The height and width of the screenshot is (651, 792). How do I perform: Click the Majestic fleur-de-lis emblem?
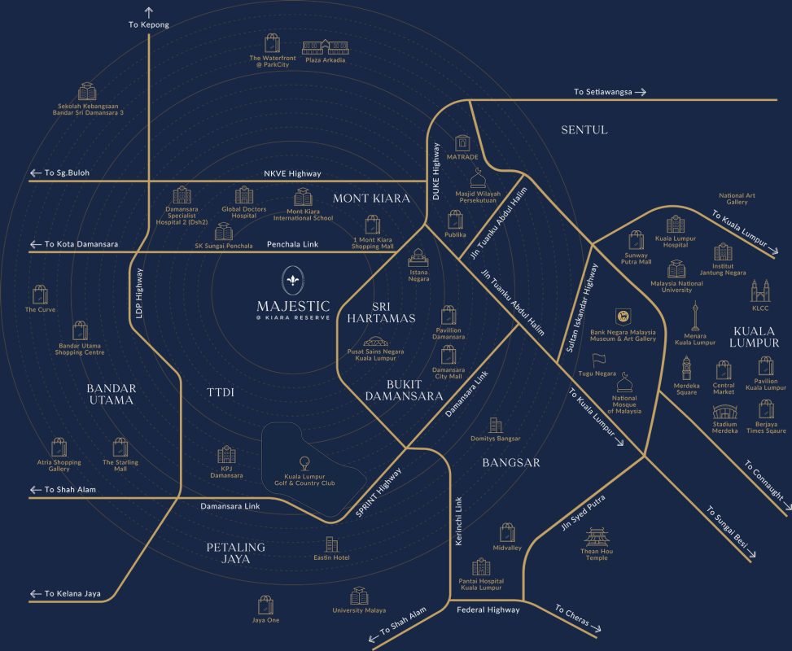[x=292, y=280]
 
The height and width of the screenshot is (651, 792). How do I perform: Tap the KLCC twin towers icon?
[x=760, y=291]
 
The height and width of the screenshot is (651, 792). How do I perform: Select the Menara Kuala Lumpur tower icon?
[x=695, y=316]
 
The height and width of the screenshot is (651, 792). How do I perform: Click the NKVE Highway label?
[x=292, y=173]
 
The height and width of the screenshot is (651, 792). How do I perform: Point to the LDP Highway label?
[x=139, y=294]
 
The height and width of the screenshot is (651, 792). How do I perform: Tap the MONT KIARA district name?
[x=371, y=199]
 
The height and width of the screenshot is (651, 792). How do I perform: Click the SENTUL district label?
[x=584, y=130]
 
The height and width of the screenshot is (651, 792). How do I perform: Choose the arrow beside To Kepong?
[x=148, y=13]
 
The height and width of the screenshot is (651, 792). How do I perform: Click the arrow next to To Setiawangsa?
[x=641, y=92]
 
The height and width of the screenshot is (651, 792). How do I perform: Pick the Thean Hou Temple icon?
[x=597, y=537]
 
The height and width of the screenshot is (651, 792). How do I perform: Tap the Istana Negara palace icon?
[x=418, y=258]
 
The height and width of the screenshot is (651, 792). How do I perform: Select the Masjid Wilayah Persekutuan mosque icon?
[x=478, y=178]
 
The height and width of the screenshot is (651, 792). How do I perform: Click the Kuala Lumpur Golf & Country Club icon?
[x=304, y=464]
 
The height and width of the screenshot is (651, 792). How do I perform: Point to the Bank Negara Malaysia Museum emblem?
[x=623, y=317]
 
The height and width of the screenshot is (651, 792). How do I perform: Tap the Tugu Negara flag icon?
[x=598, y=360]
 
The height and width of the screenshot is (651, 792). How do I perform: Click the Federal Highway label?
[x=488, y=610]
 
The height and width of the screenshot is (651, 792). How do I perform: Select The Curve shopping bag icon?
[x=41, y=295]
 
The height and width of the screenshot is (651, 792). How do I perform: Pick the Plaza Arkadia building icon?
[x=326, y=47]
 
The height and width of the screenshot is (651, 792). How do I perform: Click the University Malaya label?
[x=359, y=610]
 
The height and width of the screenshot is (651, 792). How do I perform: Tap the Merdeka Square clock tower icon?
[x=686, y=368]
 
